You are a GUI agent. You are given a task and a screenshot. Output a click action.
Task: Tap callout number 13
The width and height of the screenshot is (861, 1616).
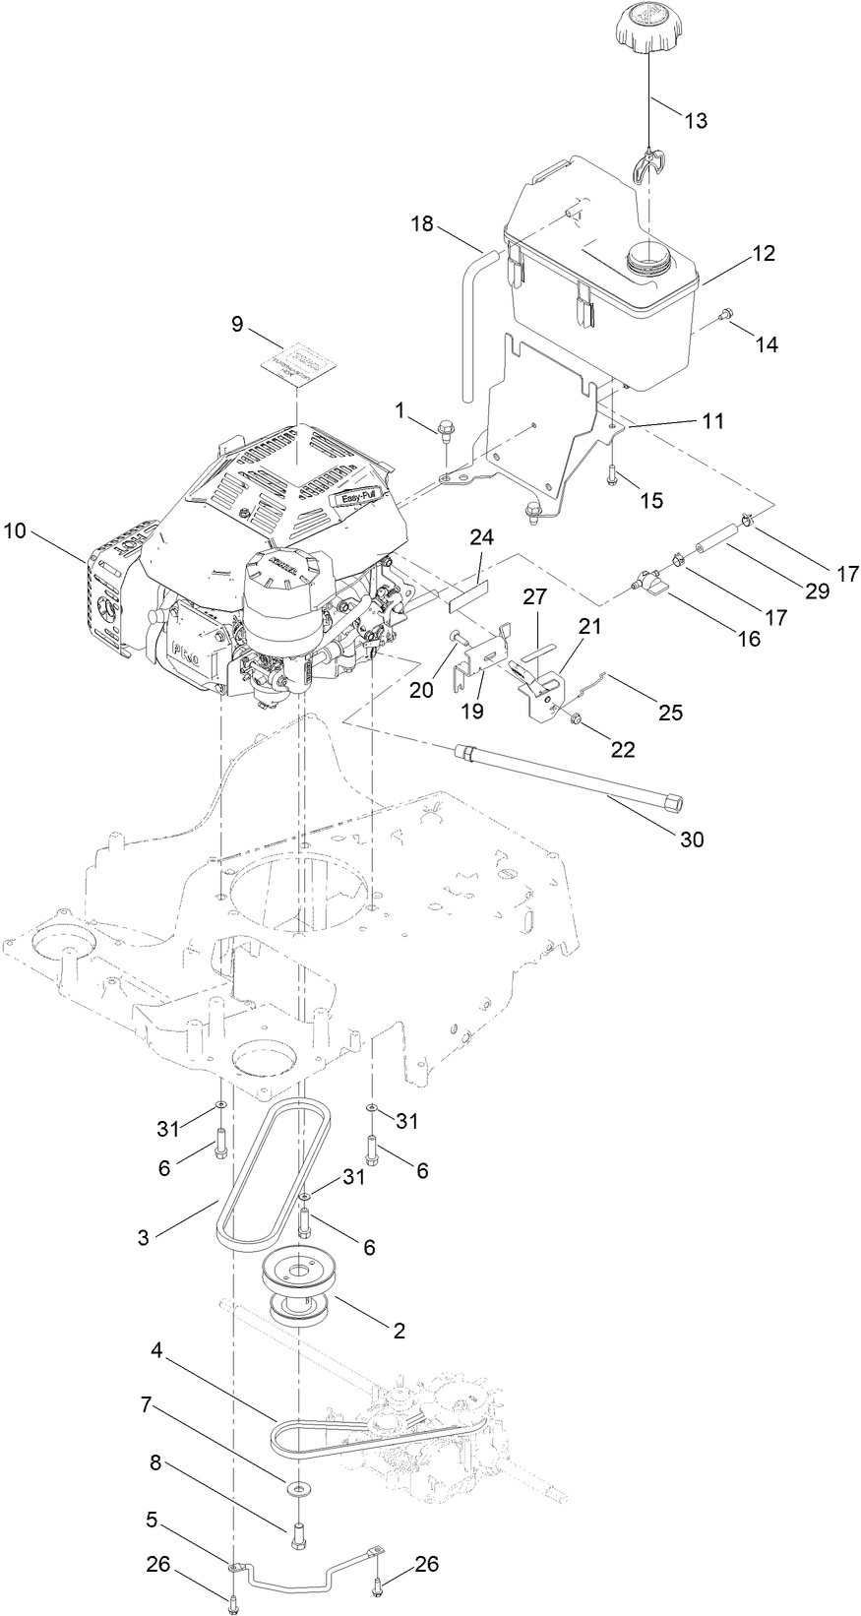[x=696, y=120]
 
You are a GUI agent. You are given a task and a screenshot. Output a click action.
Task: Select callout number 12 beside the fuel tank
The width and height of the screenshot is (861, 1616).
[x=764, y=253]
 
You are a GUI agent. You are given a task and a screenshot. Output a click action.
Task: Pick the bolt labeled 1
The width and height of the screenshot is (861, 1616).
[x=445, y=428]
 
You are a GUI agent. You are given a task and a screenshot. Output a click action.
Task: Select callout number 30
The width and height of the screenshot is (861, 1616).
[x=692, y=839]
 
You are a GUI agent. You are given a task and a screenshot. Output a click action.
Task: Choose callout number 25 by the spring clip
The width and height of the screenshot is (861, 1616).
[x=670, y=713]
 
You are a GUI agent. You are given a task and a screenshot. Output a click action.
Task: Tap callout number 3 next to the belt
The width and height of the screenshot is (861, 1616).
[x=145, y=1236]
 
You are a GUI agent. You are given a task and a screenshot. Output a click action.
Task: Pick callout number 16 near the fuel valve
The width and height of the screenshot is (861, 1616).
[x=749, y=638]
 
